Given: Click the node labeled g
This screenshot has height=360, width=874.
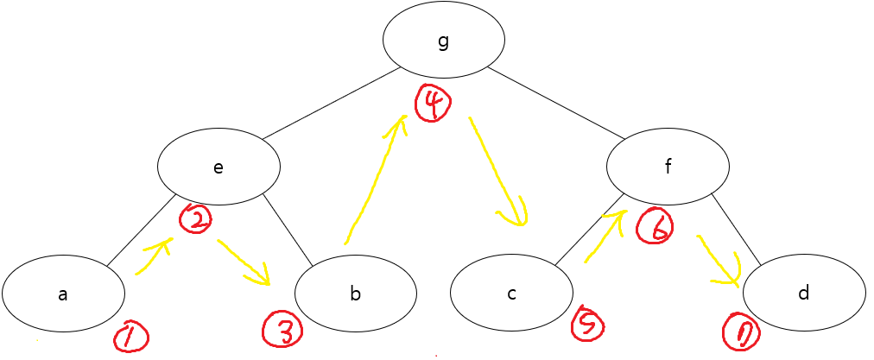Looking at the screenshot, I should point(444,41).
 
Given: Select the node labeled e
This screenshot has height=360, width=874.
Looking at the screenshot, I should point(218,167).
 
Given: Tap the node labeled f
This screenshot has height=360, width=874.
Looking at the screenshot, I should point(668,167).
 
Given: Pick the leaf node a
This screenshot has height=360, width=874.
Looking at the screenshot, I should point(63,294).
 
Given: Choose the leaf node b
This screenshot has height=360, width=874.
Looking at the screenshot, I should point(356,294).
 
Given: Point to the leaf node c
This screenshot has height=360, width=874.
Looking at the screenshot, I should point(511,294).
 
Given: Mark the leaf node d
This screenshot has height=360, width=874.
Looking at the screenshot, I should point(804,294).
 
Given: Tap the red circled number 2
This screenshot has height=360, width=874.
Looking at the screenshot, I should point(196,219).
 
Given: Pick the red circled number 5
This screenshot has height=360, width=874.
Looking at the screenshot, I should point(587,323).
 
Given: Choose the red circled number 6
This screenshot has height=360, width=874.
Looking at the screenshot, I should point(654,227).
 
